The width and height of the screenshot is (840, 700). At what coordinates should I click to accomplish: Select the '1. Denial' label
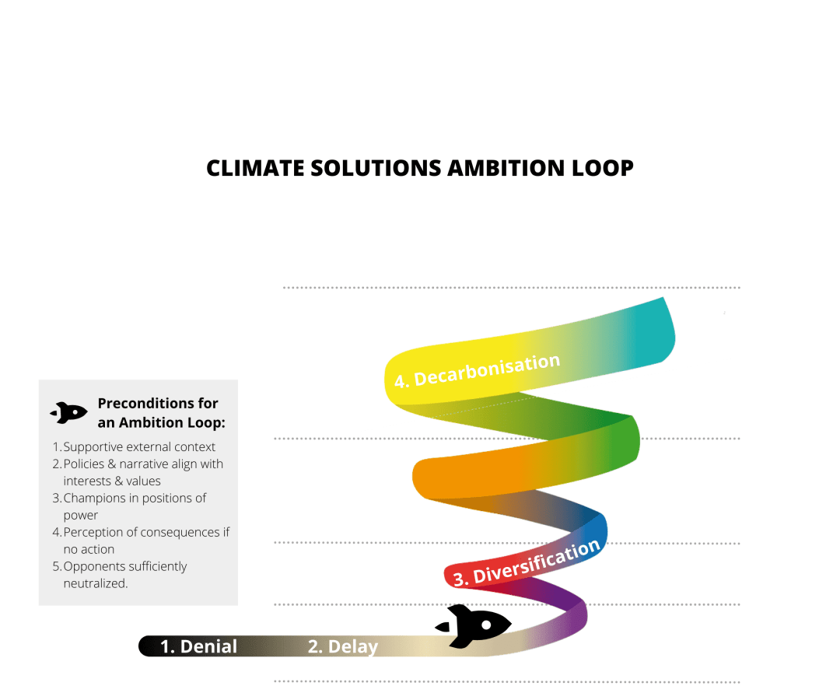tap(198, 646)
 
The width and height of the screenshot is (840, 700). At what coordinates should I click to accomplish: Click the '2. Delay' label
tap(342, 646)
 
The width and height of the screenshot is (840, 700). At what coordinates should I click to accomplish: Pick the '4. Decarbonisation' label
tap(477, 370)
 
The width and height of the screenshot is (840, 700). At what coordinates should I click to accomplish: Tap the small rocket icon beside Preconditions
tap(68, 412)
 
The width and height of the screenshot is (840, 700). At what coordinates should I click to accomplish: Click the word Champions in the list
tap(94, 498)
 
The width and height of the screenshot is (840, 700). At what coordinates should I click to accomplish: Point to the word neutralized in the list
tap(95, 583)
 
